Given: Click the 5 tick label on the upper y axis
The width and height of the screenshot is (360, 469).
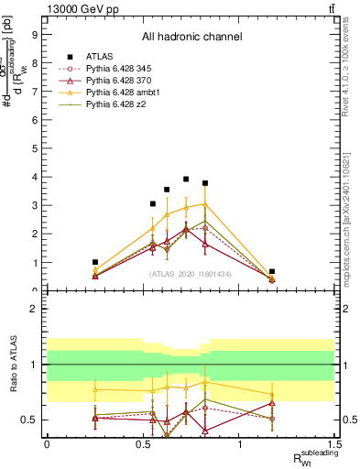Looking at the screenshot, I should click(x=36, y=146).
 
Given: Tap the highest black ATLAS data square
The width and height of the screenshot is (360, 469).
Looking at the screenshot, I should click(x=186, y=180).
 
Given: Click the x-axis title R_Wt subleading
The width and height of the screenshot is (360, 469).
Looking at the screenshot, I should click(x=316, y=458).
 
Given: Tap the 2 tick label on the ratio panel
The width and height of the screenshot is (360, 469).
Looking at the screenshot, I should click(x=36, y=310).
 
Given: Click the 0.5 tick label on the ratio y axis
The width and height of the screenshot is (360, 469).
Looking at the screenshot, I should click(x=31, y=420).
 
